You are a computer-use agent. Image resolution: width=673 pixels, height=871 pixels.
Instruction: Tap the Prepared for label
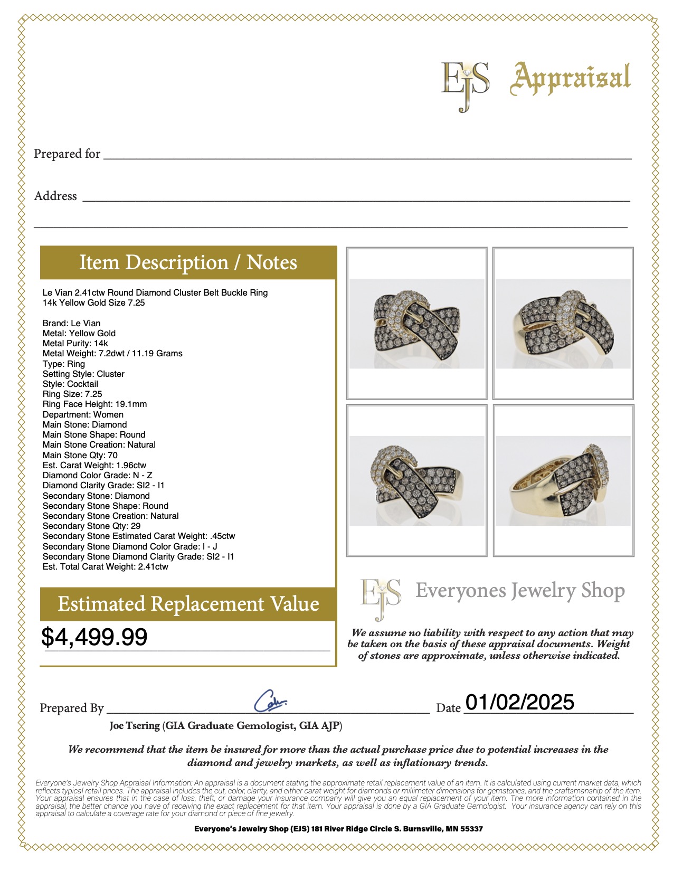coord(67,154)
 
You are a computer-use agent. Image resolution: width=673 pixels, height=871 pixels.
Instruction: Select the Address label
coord(55,196)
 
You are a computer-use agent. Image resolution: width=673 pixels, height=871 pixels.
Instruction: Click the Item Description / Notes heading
coord(188,262)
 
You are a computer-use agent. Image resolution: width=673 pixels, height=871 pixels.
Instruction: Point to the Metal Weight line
coord(112,353)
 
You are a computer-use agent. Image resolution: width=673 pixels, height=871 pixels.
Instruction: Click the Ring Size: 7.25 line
coord(72,394)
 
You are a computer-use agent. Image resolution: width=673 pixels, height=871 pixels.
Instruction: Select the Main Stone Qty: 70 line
coord(80,455)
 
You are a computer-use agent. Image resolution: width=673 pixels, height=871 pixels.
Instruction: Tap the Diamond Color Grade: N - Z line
coord(97,475)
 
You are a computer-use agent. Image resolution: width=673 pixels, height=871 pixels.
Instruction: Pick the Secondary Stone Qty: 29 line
coord(91,526)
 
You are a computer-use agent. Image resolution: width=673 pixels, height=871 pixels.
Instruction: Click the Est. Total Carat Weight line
coord(105,566)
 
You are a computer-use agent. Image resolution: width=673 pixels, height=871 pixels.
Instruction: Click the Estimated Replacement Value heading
coord(188,604)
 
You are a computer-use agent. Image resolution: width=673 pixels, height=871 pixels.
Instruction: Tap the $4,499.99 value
coord(94,637)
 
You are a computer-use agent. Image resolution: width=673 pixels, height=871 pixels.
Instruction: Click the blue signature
coord(270,701)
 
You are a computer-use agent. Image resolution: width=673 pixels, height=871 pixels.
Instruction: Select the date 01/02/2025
coord(519,702)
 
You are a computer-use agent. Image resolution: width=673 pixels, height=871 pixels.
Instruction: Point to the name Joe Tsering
coord(135,726)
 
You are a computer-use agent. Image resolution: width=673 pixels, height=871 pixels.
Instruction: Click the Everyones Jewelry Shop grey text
coord(519,591)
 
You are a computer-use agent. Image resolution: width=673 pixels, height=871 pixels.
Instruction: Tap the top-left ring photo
coord(416,323)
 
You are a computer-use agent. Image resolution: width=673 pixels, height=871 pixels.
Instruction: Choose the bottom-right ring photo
coord(563,480)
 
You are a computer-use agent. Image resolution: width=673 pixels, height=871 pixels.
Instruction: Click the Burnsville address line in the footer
coord(338,829)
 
